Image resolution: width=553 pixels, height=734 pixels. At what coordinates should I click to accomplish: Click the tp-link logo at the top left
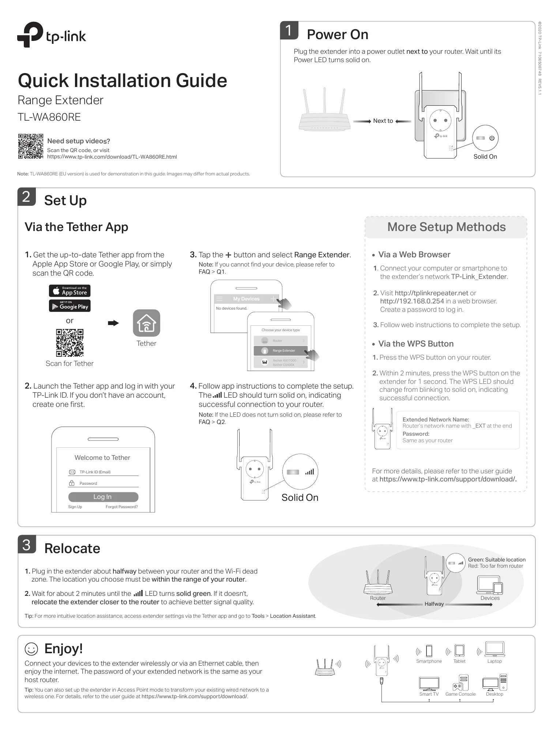click(52, 35)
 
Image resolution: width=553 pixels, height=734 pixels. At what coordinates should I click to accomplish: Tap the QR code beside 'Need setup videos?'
click(30, 147)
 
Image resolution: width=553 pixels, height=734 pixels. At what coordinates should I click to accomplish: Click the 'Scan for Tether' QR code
click(69, 343)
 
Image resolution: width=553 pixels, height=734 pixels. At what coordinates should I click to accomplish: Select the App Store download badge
click(69, 291)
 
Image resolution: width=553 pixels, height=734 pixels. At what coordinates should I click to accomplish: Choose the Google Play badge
click(69, 306)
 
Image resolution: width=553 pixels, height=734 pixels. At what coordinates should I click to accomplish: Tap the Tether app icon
click(146, 323)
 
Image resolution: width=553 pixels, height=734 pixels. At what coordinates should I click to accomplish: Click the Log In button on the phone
click(103, 497)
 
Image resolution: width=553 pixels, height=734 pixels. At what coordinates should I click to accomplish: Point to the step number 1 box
click(289, 31)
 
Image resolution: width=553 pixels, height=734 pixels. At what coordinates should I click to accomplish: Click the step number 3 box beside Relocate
click(27, 545)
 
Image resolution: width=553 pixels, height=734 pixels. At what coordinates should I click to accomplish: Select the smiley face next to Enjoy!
click(31, 649)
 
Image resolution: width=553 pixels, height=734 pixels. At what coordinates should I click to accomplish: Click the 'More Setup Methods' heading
click(446, 227)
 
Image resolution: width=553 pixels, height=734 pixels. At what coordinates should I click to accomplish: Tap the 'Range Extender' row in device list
click(281, 351)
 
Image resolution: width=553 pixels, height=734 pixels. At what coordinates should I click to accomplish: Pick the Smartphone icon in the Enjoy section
click(429, 651)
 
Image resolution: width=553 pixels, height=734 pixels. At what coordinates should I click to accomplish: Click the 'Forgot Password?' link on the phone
click(121, 507)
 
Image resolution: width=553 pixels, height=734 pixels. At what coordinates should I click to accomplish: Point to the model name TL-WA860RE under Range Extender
click(49, 117)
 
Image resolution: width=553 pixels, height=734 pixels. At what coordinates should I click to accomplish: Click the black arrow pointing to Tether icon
click(113, 323)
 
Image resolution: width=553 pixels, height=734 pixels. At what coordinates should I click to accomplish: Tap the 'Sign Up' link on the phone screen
click(75, 507)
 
